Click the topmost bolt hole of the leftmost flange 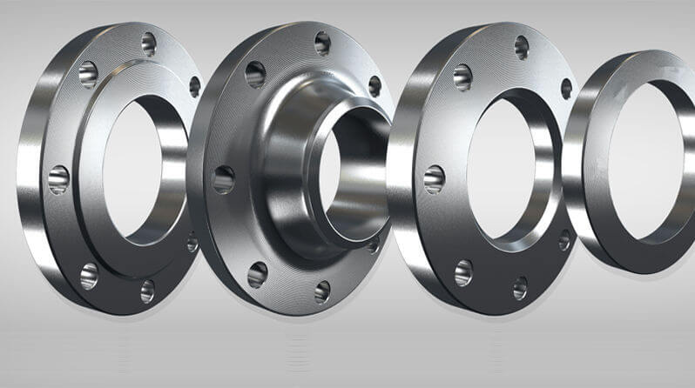[x=148, y=41]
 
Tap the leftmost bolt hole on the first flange [x=58, y=179]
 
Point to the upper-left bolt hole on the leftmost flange [x=88, y=74]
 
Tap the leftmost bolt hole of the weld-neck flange [x=223, y=179]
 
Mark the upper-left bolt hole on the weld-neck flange [x=255, y=73]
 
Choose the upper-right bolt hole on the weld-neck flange [x=374, y=85]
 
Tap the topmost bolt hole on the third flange [x=522, y=46]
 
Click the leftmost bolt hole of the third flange [x=434, y=179]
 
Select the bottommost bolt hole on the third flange [x=520, y=287]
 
